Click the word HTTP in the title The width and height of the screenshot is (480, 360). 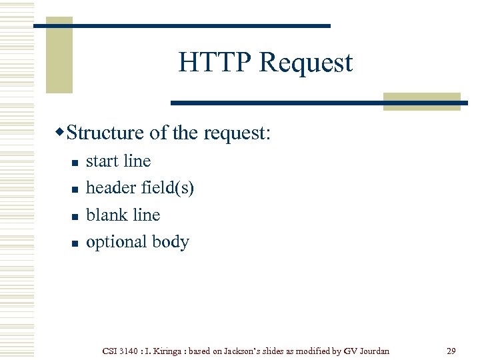(215, 63)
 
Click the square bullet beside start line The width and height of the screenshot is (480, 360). (75, 162)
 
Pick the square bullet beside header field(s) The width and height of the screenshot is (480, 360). (75, 189)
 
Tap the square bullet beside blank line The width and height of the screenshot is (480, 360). (75, 216)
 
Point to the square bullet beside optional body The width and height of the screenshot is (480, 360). (75, 243)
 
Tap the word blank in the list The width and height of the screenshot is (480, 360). (105, 215)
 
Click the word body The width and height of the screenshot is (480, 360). (171, 242)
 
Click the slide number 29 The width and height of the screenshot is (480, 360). (450, 351)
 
